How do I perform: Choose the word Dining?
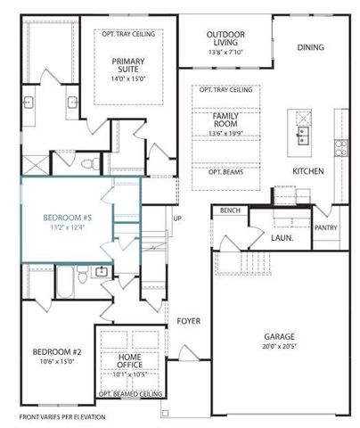tap(310, 47)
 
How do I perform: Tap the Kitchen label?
tap(307, 171)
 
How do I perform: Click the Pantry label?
tap(326, 228)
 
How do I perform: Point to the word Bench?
tap(229, 210)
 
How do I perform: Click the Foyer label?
tap(188, 321)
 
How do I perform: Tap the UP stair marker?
tap(177, 218)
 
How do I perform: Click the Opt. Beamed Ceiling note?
tap(130, 392)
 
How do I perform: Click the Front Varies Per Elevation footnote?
tap(62, 416)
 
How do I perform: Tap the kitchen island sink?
tap(302, 136)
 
